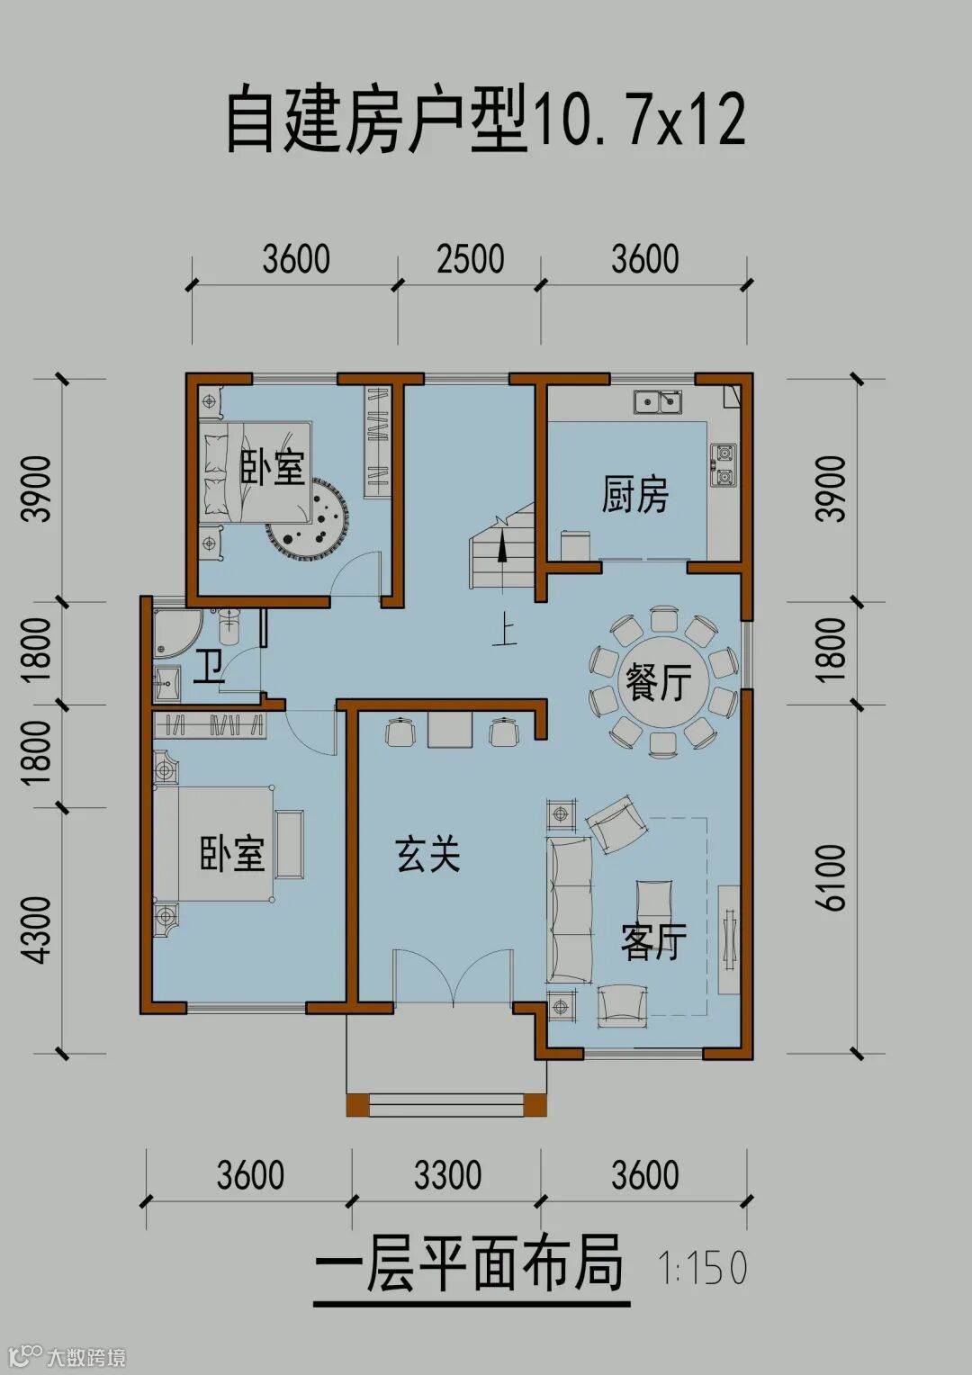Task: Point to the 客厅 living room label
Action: (652, 941)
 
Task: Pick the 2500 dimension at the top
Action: (471, 258)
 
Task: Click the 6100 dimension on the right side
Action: (832, 877)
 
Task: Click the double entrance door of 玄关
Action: (454, 976)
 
